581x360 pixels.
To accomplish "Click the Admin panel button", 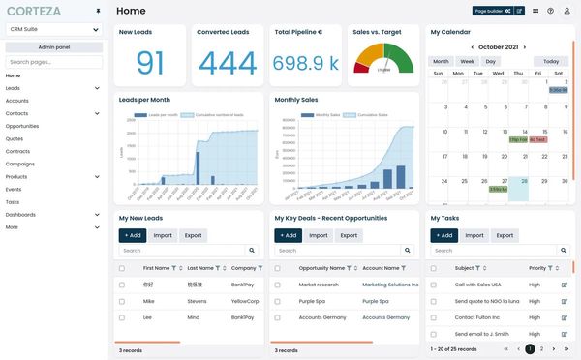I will (54, 46).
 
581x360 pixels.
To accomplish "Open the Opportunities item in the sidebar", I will (22, 126).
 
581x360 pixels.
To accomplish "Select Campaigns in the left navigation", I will (20, 164).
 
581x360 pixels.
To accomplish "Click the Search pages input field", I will (54, 61).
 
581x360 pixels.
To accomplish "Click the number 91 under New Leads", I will (150, 64).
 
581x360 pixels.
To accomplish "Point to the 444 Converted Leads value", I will (228, 64).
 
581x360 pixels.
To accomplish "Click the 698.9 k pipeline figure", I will (305, 64).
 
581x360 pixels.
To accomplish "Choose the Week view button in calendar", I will (467, 61).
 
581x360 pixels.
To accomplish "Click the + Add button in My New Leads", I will (133, 235).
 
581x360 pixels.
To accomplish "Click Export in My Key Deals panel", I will (349, 235).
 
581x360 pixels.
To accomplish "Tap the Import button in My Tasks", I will (474, 235).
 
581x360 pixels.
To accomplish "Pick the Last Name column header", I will (200, 268).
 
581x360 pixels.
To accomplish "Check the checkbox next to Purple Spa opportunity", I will (278, 301).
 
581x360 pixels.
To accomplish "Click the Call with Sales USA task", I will (477, 285).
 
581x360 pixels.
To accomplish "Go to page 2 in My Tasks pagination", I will (541, 348).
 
